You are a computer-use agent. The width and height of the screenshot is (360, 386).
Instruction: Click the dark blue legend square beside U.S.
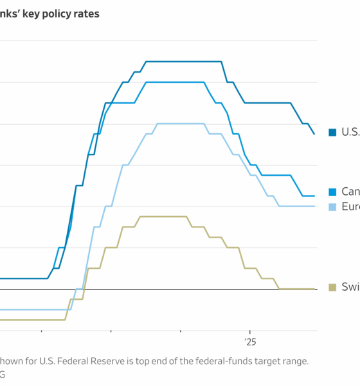[x=332, y=132]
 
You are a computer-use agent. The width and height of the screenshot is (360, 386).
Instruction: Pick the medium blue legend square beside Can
[x=332, y=192]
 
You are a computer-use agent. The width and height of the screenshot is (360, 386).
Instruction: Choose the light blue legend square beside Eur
[x=332, y=207]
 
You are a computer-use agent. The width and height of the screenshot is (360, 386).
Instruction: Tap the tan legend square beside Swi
[x=332, y=287]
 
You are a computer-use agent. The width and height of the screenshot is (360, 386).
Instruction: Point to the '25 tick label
[x=249, y=341]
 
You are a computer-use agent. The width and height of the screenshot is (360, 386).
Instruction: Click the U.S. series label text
[x=350, y=132]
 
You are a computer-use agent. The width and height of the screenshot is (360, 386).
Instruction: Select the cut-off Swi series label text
[x=350, y=287]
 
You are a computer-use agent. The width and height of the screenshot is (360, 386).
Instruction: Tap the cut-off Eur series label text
[x=350, y=207]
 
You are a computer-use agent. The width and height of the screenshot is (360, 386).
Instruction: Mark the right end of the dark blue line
[x=314, y=134]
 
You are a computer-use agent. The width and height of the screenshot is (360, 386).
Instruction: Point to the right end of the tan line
[x=314, y=289]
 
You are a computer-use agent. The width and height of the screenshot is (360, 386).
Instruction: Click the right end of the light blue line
[x=314, y=206]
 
